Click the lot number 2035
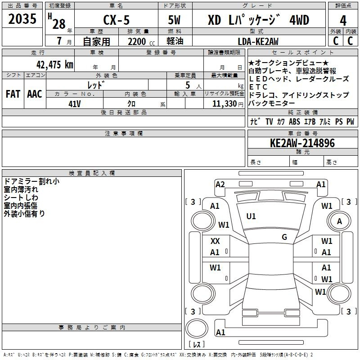[22, 18]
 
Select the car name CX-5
[116, 20]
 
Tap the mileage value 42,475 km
[54, 64]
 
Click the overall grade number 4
[343, 21]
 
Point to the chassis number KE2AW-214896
[302, 143]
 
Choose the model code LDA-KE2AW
[258, 41]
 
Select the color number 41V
[75, 104]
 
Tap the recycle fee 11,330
[224, 104]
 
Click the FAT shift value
[13, 94]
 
